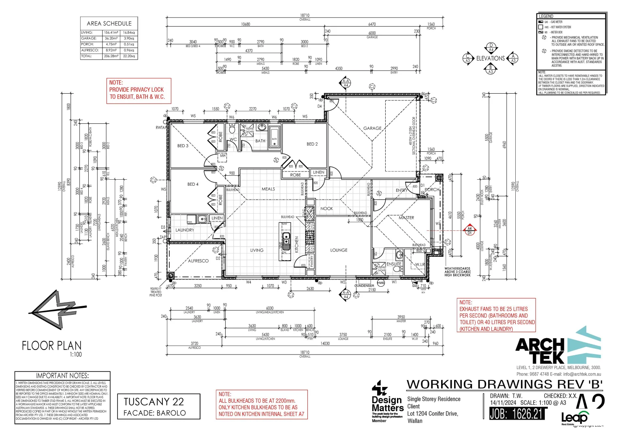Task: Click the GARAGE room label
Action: coord(372,128)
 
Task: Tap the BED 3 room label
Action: coord(183,146)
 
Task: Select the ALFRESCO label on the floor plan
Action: coord(198,261)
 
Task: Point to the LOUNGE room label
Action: coord(339,250)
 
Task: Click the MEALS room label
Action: coord(268,189)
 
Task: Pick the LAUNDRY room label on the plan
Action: coord(185,230)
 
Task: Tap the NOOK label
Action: coord(327,208)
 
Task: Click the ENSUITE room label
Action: coord(394,264)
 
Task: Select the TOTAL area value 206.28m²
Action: coord(111,56)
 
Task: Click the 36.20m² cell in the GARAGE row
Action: coord(111,38)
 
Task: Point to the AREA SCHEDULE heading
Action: coord(109,24)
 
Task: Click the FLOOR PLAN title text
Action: coord(51,346)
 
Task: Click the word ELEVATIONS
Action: coord(490,58)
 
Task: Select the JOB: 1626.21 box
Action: coord(516,414)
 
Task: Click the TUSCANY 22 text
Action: coord(154,401)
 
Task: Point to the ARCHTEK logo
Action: coord(558,346)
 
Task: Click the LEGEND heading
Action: coord(546,16)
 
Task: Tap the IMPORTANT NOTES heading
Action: coord(62,376)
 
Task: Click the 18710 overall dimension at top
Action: coord(305,15)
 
